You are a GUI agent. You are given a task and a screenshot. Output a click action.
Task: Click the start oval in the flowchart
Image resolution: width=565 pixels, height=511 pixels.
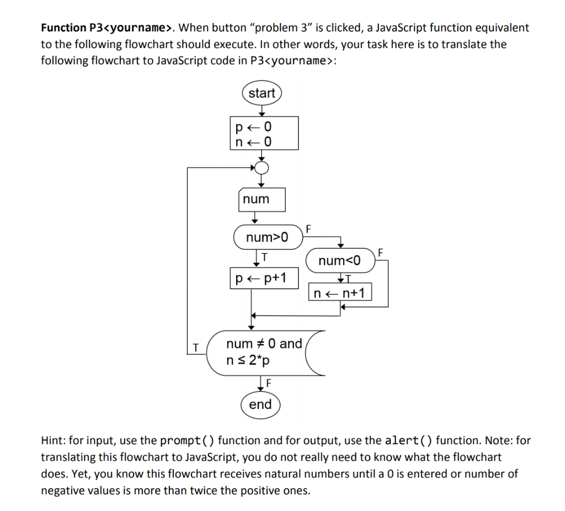click(x=262, y=93)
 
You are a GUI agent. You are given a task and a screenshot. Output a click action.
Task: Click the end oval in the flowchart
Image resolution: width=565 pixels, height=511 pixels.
click(x=260, y=404)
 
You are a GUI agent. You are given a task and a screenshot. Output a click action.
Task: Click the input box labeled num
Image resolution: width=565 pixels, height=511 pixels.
click(x=262, y=200)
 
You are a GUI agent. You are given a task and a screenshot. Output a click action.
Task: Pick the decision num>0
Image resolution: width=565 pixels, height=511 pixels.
click(x=268, y=238)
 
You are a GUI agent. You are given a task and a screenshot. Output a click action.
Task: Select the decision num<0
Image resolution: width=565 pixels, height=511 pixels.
click(x=339, y=260)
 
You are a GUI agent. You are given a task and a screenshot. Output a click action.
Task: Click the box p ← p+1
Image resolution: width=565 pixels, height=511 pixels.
click(x=264, y=278)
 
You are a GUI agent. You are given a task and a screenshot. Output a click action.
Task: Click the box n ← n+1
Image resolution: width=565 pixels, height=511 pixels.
click(x=340, y=292)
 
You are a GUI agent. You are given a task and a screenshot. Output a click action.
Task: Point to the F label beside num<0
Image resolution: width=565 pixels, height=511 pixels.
click(x=380, y=252)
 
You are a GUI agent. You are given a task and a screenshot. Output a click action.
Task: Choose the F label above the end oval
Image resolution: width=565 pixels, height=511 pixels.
click(x=268, y=382)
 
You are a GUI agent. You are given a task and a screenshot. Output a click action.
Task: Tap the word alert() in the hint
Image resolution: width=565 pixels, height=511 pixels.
click(x=408, y=440)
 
